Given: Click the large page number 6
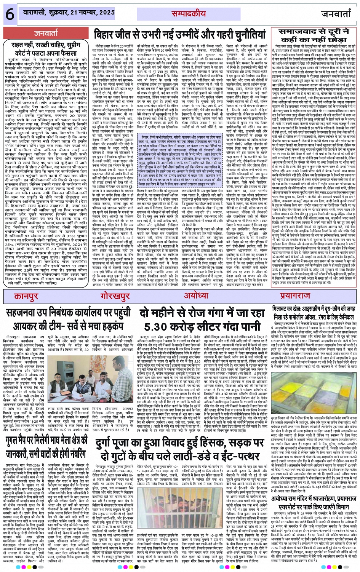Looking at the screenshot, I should click(x=10, y=14).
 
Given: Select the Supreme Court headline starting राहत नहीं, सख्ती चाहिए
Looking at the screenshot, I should click(x=46, y=49).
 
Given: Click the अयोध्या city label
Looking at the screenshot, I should click(x=196, y=296).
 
